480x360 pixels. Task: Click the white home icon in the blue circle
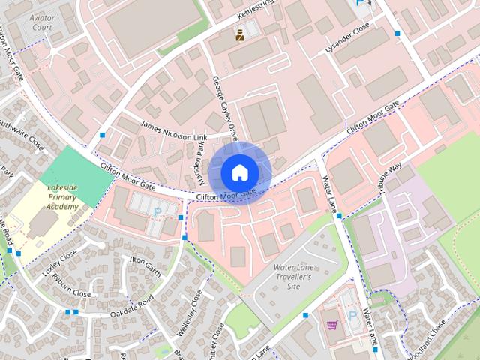(239, 172)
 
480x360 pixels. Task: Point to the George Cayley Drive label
(224, 104)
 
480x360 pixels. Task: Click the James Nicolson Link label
(174, 133)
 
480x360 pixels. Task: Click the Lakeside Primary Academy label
(61, 196)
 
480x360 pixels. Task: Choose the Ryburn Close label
(72, 287)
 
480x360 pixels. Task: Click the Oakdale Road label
(132, 308)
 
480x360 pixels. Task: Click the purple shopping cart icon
(332, 325)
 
